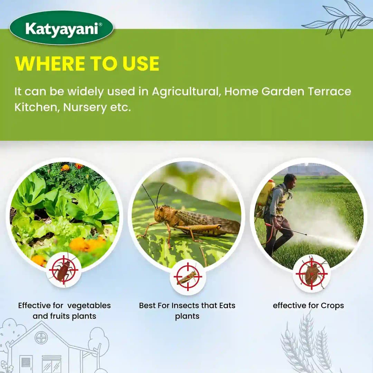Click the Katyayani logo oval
coord(61,28)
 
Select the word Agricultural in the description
coord(186,92)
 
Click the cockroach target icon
coord(64,270)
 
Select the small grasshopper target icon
coord(188,277)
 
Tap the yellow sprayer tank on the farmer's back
coord(266,192)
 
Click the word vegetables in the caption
coord(89,305)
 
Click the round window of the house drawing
coord(41,337)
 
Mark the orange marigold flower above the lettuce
coord(65,168)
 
